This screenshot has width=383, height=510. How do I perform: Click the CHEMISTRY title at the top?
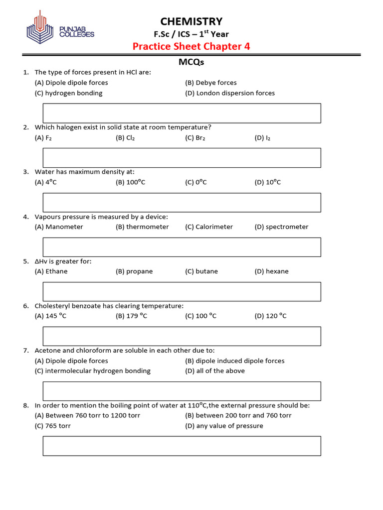click(x=191, y=21)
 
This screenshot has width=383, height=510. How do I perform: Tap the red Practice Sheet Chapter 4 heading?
click(x=191, y=46)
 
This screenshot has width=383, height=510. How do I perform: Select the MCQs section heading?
click(x=191, y=62)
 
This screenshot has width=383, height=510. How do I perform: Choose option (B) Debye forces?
click(x=211, y=83)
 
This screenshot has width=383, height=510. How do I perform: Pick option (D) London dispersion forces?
click(x=230, y=93)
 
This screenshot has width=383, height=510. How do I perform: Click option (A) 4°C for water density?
click(x=46, y=182)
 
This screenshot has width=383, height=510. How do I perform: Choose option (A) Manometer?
click(x=59, y=227)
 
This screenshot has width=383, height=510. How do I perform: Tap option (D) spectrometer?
click(x=281, y=227)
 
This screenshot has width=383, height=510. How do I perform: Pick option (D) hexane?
click(x=271, y=271)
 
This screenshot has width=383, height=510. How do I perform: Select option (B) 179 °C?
click(x=131, y=316)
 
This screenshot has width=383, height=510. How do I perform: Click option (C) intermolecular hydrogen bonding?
click(x=93, y=371)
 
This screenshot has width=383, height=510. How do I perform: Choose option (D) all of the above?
click(x=215, y=371)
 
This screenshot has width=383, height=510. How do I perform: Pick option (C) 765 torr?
click(x=53, y=426)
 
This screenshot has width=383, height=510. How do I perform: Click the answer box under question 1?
click(x=182, y=113)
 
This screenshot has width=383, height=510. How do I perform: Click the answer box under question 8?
click(x=182, y=446)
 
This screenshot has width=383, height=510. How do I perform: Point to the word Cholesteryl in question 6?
click(x=52, y=305)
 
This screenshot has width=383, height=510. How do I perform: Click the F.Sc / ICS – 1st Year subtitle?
click(x=191, y=34)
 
